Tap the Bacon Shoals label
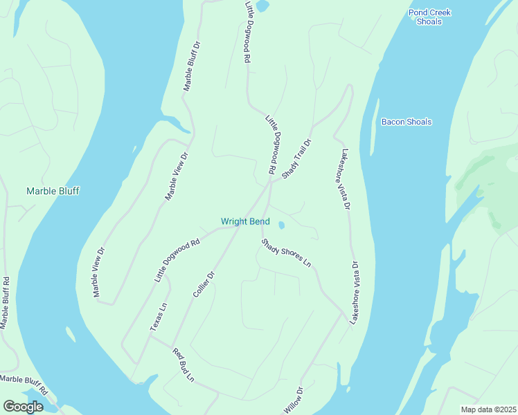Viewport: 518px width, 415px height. tap(407, 122)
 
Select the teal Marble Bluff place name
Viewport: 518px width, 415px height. tap(53, 191)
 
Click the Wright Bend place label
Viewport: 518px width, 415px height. tap(245, 221)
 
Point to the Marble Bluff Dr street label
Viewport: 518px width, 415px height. tap(191, 66)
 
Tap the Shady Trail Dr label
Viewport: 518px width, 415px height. tap(297, 159)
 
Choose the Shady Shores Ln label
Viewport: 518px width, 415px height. tap(286, 252)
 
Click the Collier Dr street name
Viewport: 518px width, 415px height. tap(204, 285)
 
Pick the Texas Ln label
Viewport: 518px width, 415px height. tap(159, 316)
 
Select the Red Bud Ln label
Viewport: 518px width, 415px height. tap(184, 365)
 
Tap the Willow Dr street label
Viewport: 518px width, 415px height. tap(294, 400)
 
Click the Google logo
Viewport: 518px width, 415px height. tap(23, 407)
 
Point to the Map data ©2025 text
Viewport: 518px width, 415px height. tap(488, 409)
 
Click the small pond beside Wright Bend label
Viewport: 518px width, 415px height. tap(281, 225)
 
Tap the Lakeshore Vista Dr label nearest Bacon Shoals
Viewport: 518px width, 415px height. tap(344, 178)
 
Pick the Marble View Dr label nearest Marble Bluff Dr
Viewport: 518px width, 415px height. tap(176, 176)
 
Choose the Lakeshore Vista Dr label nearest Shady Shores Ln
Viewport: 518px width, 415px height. tap(354, 293)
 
